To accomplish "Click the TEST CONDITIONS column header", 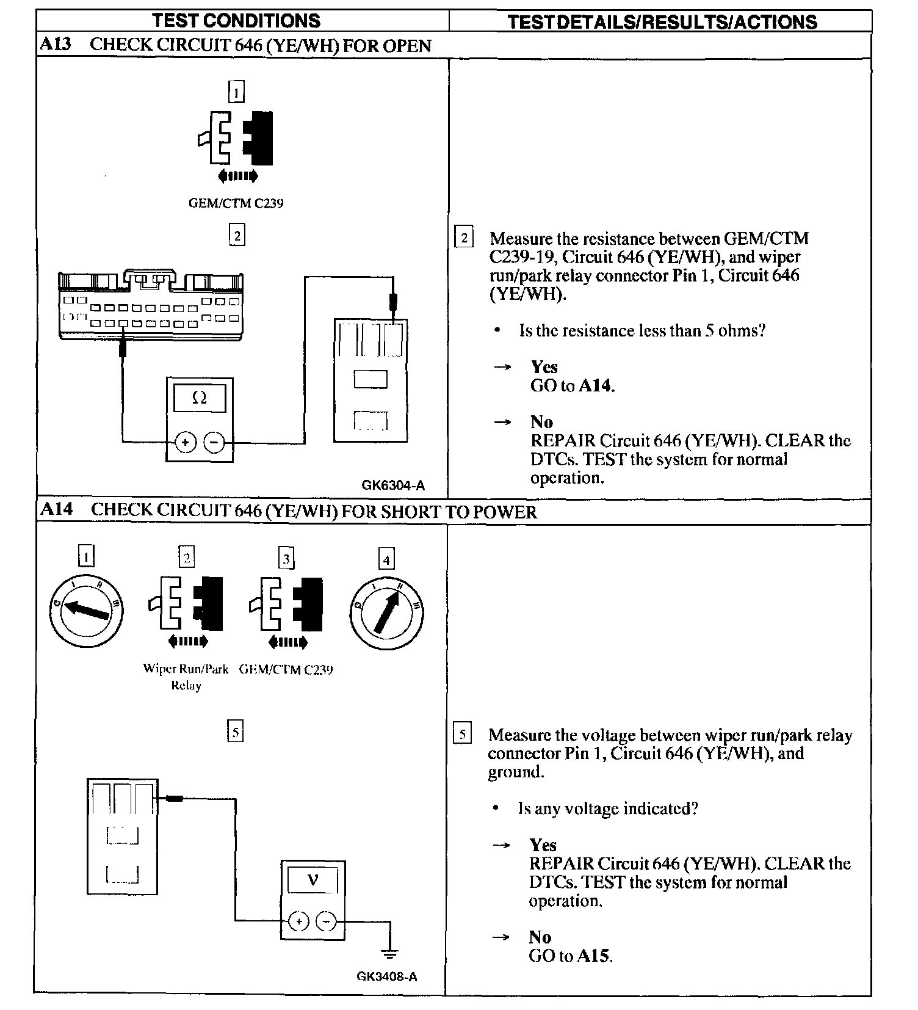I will tap(236, 21).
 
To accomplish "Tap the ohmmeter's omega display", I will tap(200, 398).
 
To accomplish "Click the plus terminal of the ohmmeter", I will tap(186, 442).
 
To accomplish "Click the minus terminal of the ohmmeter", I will tap(214, 442).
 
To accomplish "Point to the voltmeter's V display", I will tap(313, 880).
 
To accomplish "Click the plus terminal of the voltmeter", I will tap(298, 921).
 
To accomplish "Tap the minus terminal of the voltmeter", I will tap(327, 921).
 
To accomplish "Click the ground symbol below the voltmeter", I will tap(390, 953).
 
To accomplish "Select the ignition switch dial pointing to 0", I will tap(85, 612).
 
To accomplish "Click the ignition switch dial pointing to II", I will tap(386, 613).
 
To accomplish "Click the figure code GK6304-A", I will tap(393, 485).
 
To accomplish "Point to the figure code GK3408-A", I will tap(387, 976).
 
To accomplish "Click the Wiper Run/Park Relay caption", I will tap(186, 677).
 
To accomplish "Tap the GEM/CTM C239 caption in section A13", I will tap(236, 203).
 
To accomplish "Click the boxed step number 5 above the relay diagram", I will tap(235, 731).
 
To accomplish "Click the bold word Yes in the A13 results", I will tap(544, 367).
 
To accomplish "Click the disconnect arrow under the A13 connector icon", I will tap(238, 176).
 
